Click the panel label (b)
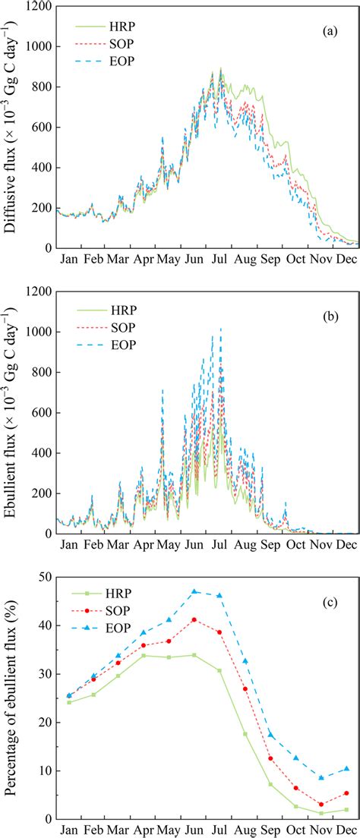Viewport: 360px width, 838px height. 332,308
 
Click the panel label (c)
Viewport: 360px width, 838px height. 332,583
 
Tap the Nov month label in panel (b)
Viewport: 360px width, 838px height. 321,546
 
